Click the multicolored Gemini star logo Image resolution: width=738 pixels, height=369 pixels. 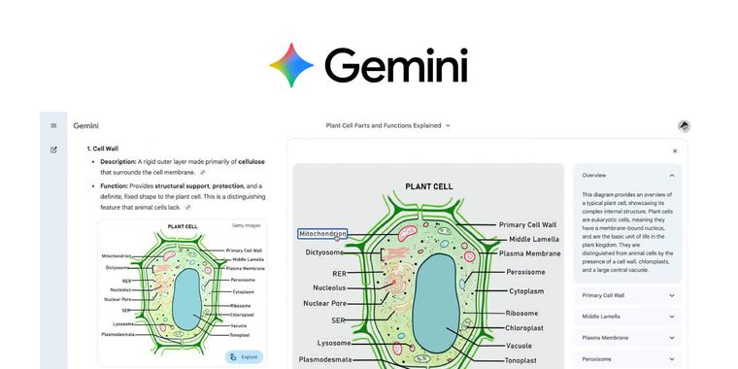tap(291, 66)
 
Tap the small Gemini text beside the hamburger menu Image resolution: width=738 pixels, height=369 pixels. tap(86, 125)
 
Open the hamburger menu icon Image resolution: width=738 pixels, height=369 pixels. tap(53, 125)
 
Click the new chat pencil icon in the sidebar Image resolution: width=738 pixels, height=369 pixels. tap(53, 150)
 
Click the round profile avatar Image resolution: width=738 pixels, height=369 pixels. tap(684, 126)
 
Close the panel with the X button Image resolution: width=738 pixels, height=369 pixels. tap(675, 151)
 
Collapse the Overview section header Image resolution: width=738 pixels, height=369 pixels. tap(627, 175)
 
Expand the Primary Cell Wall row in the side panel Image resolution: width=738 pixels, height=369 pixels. tap(627, 295)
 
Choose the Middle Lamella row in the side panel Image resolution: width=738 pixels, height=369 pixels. tap(627, 317)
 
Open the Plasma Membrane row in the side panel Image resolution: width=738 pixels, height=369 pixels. tap(627, 338)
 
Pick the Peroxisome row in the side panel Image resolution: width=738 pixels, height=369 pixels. tap(627, 359)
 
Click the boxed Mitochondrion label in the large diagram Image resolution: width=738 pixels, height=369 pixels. tap(322, 234)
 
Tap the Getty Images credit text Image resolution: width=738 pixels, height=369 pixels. tap(246, 225)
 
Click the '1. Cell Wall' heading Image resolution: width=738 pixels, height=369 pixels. tap(103, 149)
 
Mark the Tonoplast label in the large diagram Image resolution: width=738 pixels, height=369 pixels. tap(526, 359)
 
